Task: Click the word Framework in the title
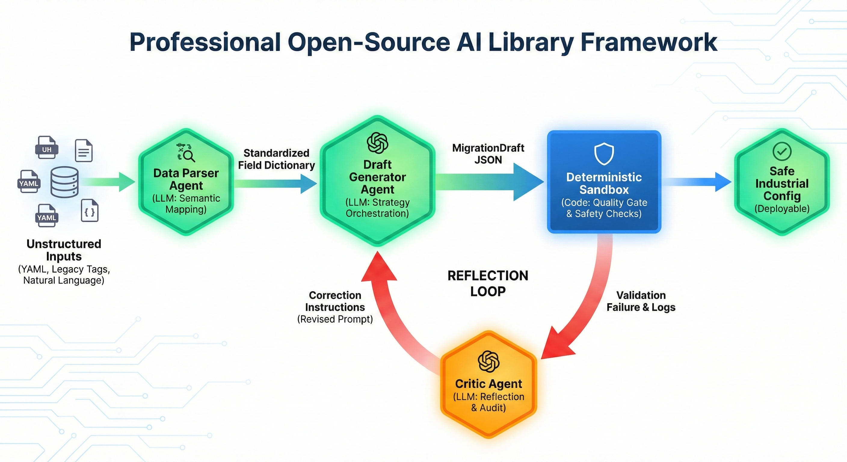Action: point(648,42)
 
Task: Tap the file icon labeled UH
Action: point(47,148)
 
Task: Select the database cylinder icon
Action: point(64,182)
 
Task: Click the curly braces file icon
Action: point(89,211)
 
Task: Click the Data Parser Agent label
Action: point(186,179)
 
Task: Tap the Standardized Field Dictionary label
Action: point(276,159)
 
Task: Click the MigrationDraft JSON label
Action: point(488,154)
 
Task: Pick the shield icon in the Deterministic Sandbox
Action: point(604,154)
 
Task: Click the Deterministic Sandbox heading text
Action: point(604,183)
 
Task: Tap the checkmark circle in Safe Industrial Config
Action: point(782,151)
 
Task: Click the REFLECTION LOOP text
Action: point(488,283)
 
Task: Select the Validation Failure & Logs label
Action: point(641,301)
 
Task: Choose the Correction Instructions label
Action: point(335,301)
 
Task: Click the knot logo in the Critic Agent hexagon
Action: point(488,361)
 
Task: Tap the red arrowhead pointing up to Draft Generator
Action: point(379,268)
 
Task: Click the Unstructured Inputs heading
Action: point(64,250)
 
